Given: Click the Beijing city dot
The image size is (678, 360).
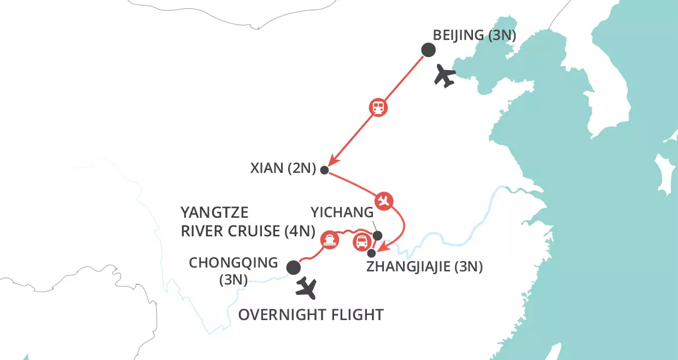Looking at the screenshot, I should [428, 50].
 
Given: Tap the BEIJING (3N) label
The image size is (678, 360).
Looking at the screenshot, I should [475, 36].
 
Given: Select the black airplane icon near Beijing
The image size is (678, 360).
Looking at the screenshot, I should [445, 76].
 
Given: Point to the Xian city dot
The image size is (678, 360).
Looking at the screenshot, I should [324, 170].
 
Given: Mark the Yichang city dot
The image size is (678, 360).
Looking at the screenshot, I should [377, 236].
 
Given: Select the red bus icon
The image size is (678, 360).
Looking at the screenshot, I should [361, 241].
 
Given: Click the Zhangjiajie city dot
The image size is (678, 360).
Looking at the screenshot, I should [372, 253].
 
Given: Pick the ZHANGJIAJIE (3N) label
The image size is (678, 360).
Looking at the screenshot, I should [425, 269].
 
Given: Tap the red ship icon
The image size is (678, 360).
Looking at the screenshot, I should [329, 240].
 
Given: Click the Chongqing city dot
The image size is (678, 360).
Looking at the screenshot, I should [294, 268].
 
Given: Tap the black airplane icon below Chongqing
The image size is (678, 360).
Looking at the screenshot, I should [306, 288].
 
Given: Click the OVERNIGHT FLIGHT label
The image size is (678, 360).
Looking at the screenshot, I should [311, 315].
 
